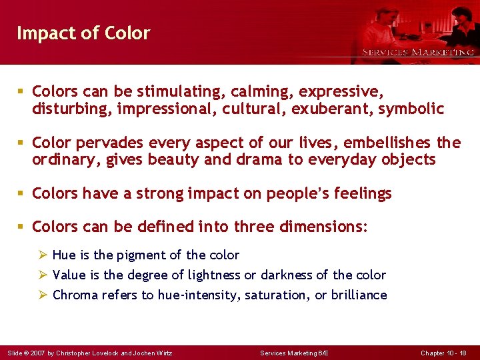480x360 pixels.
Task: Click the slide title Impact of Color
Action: coord(83,33)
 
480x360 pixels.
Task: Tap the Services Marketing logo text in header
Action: coord(417,52)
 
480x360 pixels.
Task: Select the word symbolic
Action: coord(411,109)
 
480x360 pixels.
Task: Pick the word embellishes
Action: coord(393,143)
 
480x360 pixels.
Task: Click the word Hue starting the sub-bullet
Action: coord(64,255)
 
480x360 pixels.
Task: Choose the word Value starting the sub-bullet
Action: coord(69,275)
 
